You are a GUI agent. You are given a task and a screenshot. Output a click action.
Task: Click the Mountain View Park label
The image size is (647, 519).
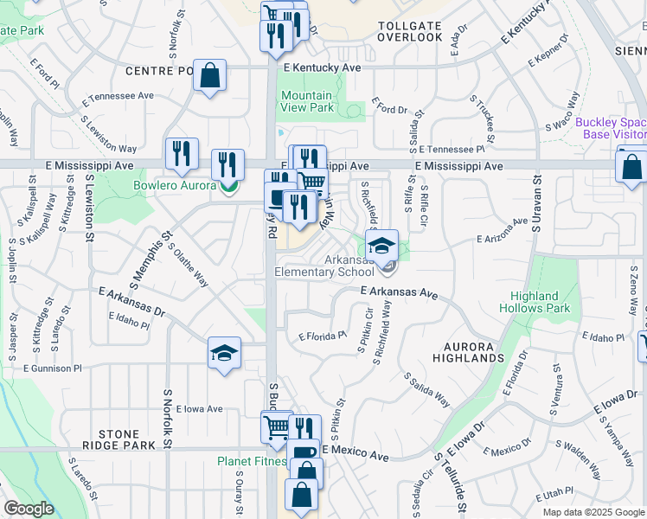coord(307,101)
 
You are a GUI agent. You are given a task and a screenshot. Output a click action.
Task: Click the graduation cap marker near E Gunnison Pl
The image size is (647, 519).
coord(224,353)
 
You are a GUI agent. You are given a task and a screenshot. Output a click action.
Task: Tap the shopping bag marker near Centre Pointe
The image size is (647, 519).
coord(209,76)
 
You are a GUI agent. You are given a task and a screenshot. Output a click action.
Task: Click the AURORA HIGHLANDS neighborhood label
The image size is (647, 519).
coord(468,353)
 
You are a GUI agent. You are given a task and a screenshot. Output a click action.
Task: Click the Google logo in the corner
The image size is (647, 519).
coord(29,509)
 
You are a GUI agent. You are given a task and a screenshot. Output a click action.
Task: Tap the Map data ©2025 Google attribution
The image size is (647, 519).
coord(593,512)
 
